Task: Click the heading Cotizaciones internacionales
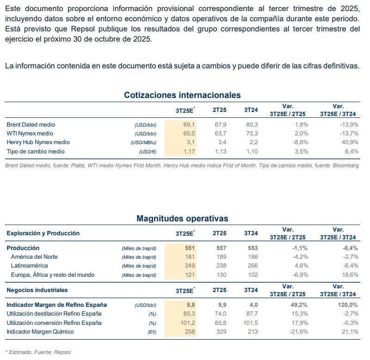pyautogui.click(x=182, y=95)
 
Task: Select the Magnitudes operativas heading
pyautogui.click(x=182, y=218)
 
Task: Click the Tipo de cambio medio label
pyautogui.click(x=36, y=152)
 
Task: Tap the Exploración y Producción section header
pyautogui.click(x=43, y=233)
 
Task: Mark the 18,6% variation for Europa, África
pyautogui.click(x=349, y=275)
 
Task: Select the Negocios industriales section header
pyautogui.click(x=37, y=290)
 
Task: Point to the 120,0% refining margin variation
pyautogui.click(x=347, y=305)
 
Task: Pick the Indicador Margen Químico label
pyautogui.click(x=40, y=331)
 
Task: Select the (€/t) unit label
pyautogui.click(x=150, y=332)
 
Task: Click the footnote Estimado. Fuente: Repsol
pyautogui.click(x=39, y=352)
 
